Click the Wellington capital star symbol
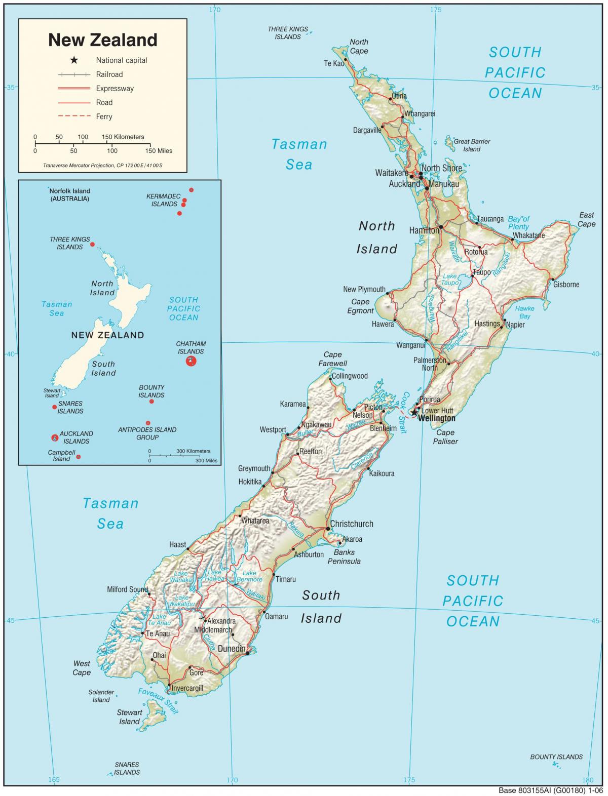coord(414,413)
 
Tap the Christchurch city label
coord(351,524)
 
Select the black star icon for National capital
coord(74,60)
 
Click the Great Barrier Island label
coord(472,145)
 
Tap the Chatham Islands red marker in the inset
coord(191,361)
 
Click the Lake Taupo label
coord(450,280)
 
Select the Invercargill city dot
coord(169,685)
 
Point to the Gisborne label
coord(566,285)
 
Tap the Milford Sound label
coord(127,589)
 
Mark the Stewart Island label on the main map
coord(129,717)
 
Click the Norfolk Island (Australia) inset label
coord(69,195)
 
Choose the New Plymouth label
coord(364,290)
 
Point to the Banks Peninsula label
coord(344,557)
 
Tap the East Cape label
coord(587,220)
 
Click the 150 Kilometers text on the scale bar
coord(123,137)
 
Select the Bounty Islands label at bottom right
coord(556,757)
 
